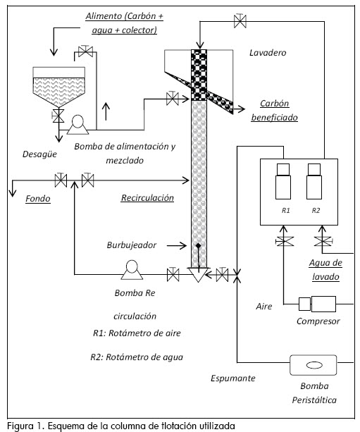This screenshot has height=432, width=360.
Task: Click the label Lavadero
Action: click(268, 53)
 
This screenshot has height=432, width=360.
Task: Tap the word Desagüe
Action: click(39, 154)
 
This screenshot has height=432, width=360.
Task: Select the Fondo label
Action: click(38, 198)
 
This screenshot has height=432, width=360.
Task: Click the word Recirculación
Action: click(147, 197)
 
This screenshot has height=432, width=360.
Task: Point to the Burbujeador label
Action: click(132, 245)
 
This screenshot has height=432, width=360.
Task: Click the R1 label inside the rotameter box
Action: click(285, 211)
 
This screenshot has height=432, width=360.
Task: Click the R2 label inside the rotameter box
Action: click(316, 211)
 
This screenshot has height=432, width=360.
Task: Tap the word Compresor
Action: click(318, 321)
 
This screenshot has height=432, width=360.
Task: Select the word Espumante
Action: click(233, 378)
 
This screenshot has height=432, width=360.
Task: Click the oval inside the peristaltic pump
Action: click(314, 365)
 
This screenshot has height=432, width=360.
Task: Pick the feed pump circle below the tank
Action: click(77, 121)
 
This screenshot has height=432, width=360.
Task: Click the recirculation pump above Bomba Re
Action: click(132, 266)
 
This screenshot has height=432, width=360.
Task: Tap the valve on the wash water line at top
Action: click(240, 20)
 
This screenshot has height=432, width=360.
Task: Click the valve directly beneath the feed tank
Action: click(58, 116)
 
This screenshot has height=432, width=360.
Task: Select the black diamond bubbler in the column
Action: click(198, 245)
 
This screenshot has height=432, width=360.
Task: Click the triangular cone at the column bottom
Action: click(198, 274)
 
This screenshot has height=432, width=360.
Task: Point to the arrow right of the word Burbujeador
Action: click(177, 245)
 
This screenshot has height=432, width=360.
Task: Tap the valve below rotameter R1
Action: click(285, 242)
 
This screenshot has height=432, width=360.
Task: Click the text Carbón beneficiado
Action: click(274, 111)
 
